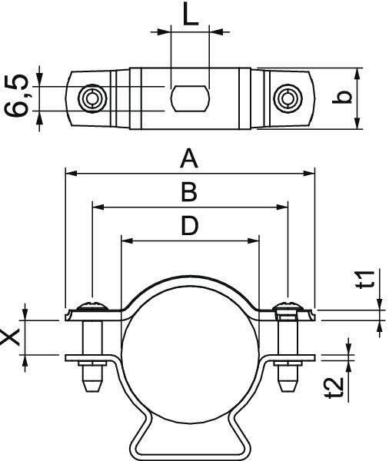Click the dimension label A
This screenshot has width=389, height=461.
[x=189, y=159]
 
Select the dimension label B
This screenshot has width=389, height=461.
[x=189, y=192]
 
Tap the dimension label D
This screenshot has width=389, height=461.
[x=189, y=226]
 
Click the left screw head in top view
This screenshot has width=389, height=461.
[x=91, y=98]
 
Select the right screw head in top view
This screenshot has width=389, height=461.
[x=288, y=98]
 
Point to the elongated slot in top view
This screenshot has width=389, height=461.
[x=189, y=98]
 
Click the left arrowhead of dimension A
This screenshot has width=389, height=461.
[x=70, y=174]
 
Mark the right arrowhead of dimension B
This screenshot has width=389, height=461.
[x=283, y=207]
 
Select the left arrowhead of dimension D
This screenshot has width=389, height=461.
[x=126, y=240]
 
